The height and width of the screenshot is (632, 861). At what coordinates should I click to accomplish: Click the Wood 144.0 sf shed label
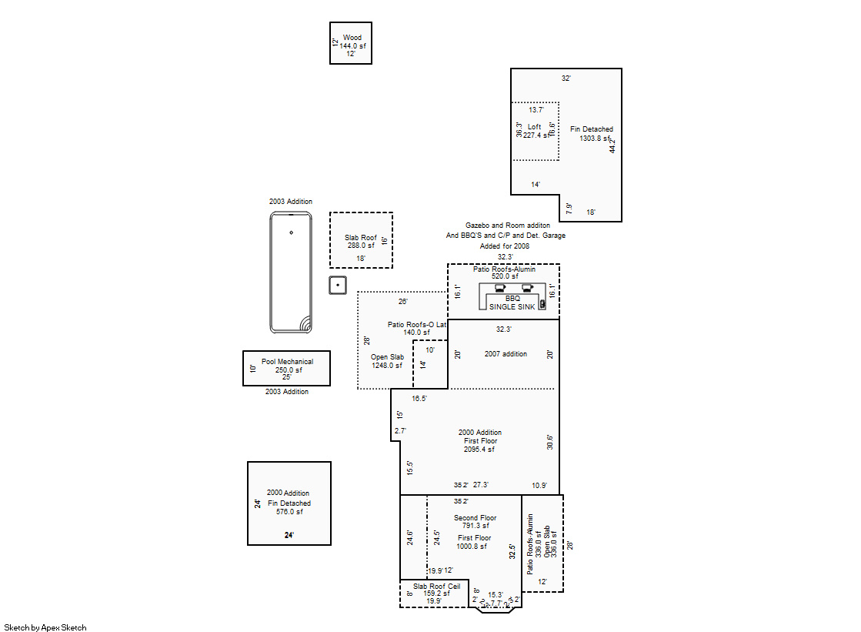[352, 42]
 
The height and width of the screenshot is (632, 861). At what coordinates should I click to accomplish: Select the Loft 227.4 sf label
[535, 131]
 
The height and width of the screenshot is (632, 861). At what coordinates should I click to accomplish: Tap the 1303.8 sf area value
[592, 139]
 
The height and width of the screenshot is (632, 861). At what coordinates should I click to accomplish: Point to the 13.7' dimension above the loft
[536, 110]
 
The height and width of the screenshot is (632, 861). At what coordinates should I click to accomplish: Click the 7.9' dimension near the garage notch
[569, 208]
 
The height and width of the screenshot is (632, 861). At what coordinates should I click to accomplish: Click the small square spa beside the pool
[337, 285]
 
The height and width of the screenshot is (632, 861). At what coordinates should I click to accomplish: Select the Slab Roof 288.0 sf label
[361, 242]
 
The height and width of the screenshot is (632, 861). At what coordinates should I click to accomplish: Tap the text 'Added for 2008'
[505, 246]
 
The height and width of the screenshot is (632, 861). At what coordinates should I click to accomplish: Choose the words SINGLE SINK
[512, 306]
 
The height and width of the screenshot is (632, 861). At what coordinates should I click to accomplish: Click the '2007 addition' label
[506, 354]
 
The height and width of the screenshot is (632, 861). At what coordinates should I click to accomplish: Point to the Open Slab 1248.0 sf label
[387, 361]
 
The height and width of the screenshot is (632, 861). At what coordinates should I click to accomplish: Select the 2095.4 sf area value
[479, 450]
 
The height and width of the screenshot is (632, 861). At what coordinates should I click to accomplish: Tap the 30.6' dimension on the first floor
[549, 442]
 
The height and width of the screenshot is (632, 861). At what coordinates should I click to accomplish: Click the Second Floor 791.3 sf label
[475, 522]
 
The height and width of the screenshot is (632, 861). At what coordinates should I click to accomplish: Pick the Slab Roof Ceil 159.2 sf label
[436, 590]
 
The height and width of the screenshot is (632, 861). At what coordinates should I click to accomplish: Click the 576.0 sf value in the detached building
[289, 512]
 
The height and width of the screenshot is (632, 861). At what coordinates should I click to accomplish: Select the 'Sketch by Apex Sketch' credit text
[45, 627]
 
